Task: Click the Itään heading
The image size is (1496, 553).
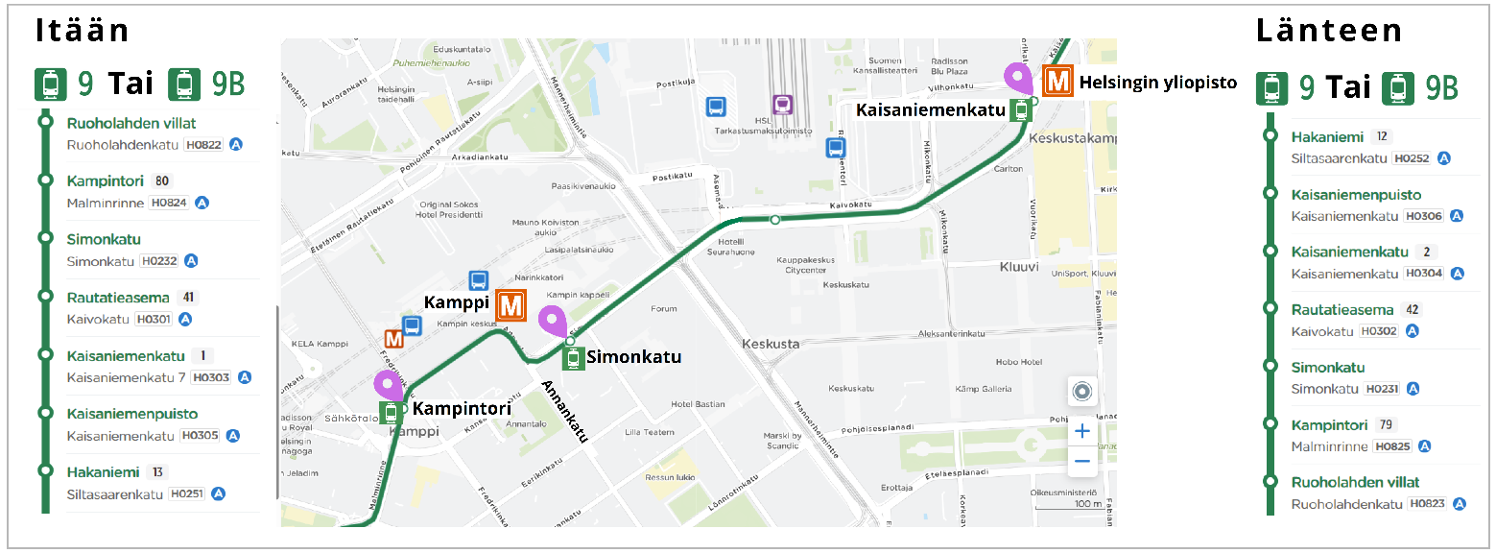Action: [x=83, y=31]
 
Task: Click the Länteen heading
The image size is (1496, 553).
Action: [x=1329, y=31]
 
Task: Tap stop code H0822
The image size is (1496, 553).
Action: [x=203, y=145]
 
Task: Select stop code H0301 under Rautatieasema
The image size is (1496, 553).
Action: [x=154, y=319]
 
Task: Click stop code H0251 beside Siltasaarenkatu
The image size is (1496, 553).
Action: [x=186, y=493]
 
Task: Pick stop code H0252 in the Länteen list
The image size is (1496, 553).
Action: [x=1412, y=158]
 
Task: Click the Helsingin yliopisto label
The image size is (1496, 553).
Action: [x=1158, y=83]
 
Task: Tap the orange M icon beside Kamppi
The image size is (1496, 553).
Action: [x=511, y=306]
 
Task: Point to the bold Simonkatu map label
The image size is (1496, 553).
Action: [x=633, y=357]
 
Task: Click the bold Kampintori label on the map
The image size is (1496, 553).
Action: [x=461, y=409]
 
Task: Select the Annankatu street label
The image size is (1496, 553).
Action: [x=564, y=411]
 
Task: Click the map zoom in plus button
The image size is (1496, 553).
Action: [x=1082, y=431]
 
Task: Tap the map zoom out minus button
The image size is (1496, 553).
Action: [x=1082, y=461]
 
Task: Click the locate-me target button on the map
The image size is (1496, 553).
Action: [x=1082, y=392]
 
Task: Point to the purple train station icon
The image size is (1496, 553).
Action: [x=783, y=104]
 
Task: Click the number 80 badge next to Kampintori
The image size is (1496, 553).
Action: [x=162, y=180]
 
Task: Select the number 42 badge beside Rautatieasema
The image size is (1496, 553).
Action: [x=1411, y=309]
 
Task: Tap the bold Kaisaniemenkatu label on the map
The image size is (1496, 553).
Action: [x=930, y=109]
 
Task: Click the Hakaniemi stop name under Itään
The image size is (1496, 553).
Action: [x=103, y=471]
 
